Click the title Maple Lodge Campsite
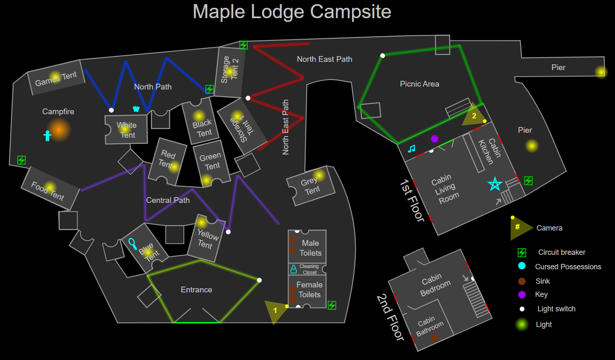point(292,12)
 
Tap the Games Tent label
point(56,78)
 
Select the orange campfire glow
point(59,129)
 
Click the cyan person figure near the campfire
point(47,135)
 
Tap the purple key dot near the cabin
point(434,139)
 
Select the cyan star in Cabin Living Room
point(495,184)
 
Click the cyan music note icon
point(411,148)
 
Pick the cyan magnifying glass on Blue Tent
point(132,243)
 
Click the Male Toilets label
point(310,248)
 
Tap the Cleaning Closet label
point(309,269)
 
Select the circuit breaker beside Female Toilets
point(332,305)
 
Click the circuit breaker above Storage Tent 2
point(244,45)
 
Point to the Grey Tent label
point(310,186)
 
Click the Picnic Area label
point(419,84)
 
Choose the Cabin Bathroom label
point(430,326)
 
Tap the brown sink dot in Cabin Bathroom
point(434,338)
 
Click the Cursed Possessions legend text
point(568,266)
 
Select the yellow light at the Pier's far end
point(601,72)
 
